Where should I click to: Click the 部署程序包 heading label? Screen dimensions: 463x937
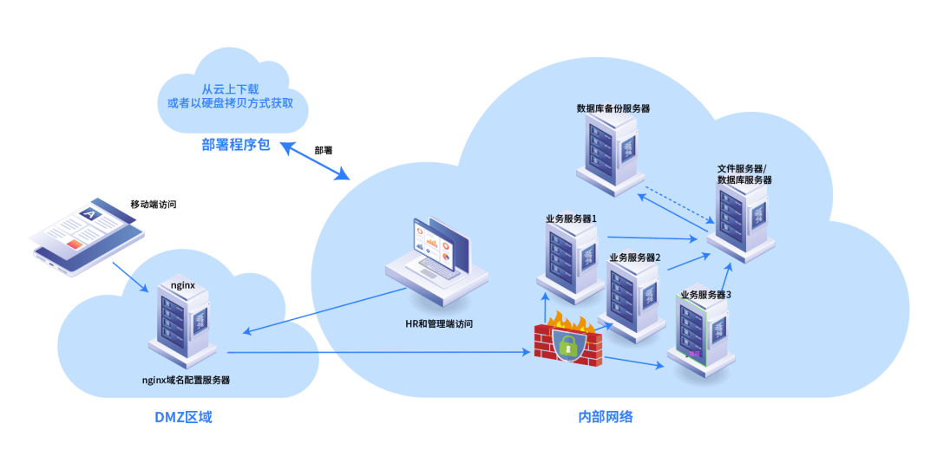pyautogui.click(x=236, y=145)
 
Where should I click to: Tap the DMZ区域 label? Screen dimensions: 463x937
pyautogui.click(x=183, y=417)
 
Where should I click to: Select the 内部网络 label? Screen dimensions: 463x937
pyautogui.click(x=606, y=417)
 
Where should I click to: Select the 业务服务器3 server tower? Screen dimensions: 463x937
pyautogui.click(x=698, y=334)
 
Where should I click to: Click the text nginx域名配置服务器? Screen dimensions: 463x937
pyautogui.click(x=186, y=380)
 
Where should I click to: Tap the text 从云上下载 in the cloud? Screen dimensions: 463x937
pyautogui.click(x=230, y=89)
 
